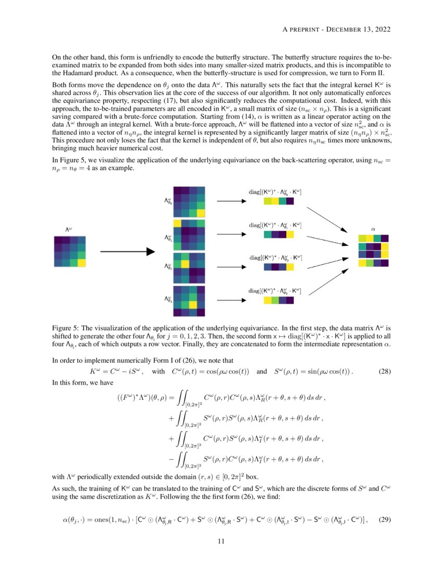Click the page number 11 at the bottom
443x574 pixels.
click(221, 541)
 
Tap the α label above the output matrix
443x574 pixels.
click(373, 229)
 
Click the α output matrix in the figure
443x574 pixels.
click(373, 251)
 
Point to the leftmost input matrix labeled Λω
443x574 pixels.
click(69, 252)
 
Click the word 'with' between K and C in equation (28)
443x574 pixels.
click(158, 372)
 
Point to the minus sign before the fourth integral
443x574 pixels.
click(171, 460)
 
